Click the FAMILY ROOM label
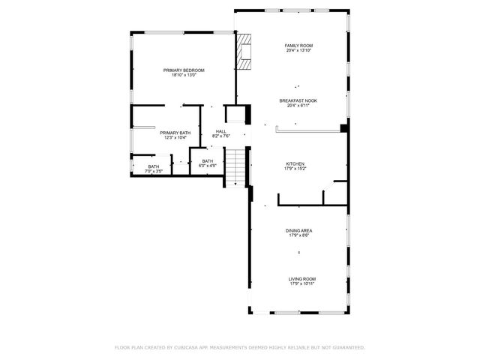[x=298, y=46]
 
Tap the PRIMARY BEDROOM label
[x=184, y=70]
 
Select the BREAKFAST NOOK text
[x=298, y=100]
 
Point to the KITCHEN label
[x=295, y=163]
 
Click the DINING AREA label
[x=298, y=230]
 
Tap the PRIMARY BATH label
[x=175, y=133]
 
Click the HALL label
[x=221, y=131]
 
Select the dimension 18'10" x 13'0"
[x=184, y=75]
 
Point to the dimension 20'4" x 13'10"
[x=298, y=51]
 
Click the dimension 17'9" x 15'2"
[x=295, y=169]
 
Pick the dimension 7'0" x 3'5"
[x=153, y=172]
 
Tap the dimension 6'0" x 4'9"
[x=207, y=166]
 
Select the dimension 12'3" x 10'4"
[x=175, y=138]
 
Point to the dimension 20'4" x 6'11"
[x=298, y=106]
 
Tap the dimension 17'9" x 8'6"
[x=298, y=235]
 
